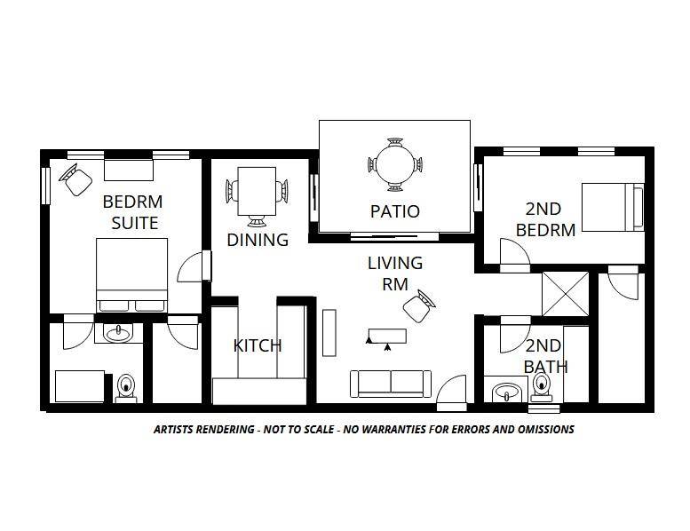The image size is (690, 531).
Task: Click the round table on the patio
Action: pos(394,164)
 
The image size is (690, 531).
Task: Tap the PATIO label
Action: pos(394,211)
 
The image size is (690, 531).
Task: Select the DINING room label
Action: pos(258,240)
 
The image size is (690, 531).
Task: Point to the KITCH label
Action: pos(258,345)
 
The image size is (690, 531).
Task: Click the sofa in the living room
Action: pos(392,383)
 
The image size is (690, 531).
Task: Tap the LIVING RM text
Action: pos(395,273)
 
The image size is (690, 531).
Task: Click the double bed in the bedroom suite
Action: pos(132,275)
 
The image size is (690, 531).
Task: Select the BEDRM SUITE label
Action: pos(131,211)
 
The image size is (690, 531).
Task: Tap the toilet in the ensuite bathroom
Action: pos(126,387)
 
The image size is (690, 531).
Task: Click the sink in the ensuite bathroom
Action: pos(116,333)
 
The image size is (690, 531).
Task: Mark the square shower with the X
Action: pos(566,292)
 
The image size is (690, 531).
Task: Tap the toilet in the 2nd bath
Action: pos(540,387)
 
